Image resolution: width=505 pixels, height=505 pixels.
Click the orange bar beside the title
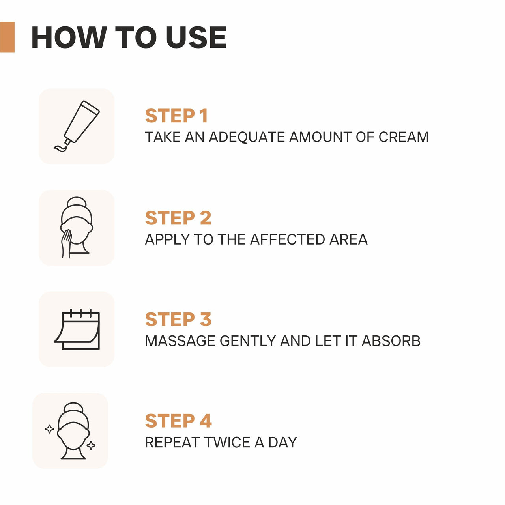pos(7,37)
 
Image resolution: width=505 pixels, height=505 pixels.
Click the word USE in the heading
pos(196,37)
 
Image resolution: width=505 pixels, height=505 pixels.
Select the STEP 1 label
pos(176,116)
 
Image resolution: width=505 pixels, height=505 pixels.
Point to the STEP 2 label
pos(178,218)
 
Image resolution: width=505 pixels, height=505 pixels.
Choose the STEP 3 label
pos(178,320)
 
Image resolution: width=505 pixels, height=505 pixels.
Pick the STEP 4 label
pos(178,421)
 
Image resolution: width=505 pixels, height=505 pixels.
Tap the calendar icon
pos(77,329)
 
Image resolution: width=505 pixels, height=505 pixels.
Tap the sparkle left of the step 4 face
pos(49,429)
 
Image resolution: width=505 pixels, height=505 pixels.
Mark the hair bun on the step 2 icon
pos(77,202)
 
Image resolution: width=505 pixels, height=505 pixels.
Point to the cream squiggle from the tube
pos(60,148)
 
